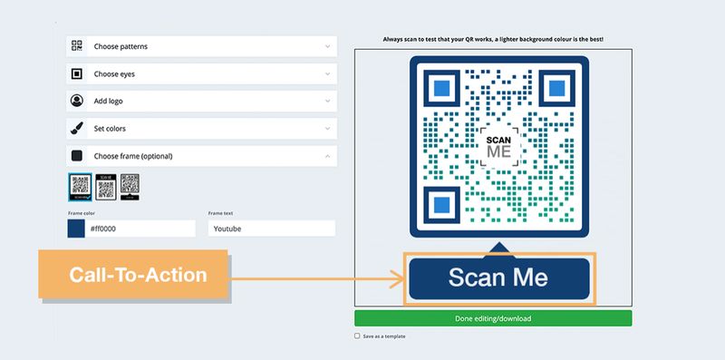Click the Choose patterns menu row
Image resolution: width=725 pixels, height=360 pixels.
[200, 46]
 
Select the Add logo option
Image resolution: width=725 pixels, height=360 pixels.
[200, 101]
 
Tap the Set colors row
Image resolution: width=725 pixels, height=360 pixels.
[200, 128]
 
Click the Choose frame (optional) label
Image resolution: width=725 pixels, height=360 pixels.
[133, 156]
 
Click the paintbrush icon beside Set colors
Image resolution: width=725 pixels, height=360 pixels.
[77, 128]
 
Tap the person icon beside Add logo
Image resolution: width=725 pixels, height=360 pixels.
[77, 101]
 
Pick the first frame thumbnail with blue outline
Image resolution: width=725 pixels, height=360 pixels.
[80, 187]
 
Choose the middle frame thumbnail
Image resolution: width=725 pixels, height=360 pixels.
[105, 187]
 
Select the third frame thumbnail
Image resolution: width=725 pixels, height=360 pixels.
[130, 187]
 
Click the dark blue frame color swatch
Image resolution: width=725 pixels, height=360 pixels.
[77, 229]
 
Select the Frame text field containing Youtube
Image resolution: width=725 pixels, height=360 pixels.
[271, 229]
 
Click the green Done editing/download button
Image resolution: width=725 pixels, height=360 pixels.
[493, 318]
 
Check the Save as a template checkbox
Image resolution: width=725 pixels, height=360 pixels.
[358, 336]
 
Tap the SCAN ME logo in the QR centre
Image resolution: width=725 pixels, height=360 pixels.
[499, 145]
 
